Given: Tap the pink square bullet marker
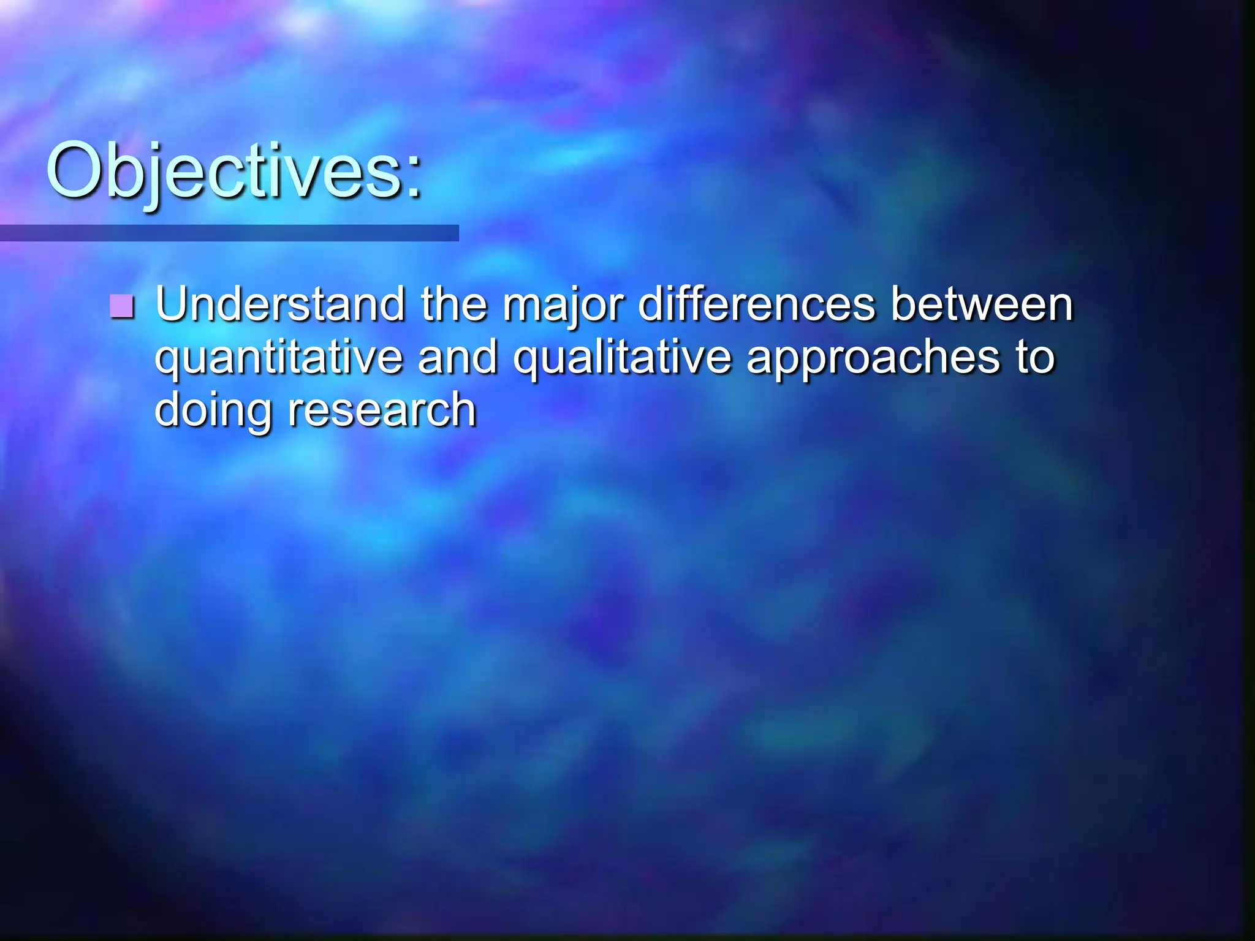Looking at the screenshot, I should tap(122, 306).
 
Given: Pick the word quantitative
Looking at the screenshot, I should tap(278, 358).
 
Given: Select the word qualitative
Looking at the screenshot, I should tap(622, 358).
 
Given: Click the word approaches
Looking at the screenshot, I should tap(873, 358).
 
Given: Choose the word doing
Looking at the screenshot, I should tap(213, 411).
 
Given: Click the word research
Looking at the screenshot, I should tap(382, 410).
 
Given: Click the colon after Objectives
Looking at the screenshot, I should tap(415, 178).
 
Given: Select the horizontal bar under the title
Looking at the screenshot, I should tap(229, 233).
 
